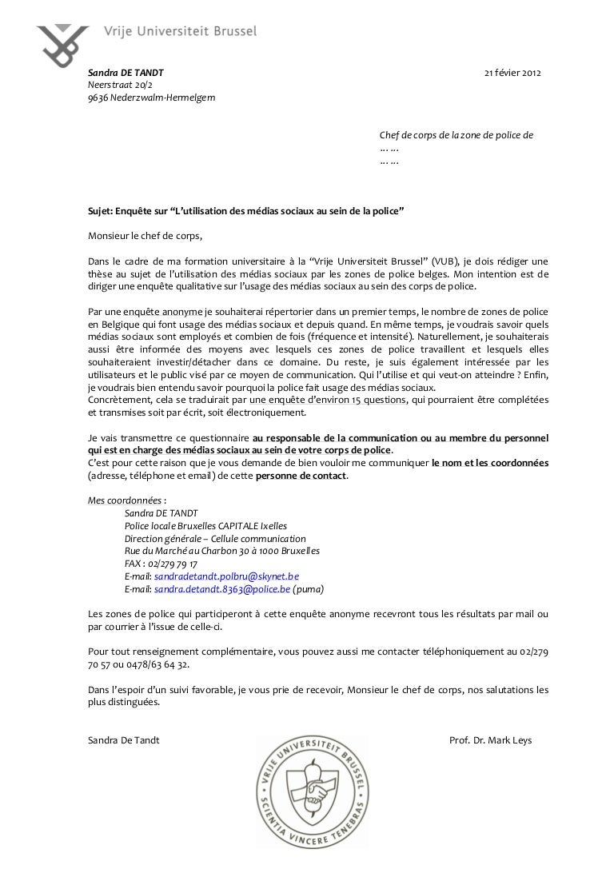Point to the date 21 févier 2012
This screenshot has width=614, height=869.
[x=513, y=74]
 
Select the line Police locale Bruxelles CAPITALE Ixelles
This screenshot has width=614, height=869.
[x=205, y=526]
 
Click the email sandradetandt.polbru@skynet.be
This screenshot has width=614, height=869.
[x=226, y=576]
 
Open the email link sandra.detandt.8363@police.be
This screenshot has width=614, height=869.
[x=221, y=589]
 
